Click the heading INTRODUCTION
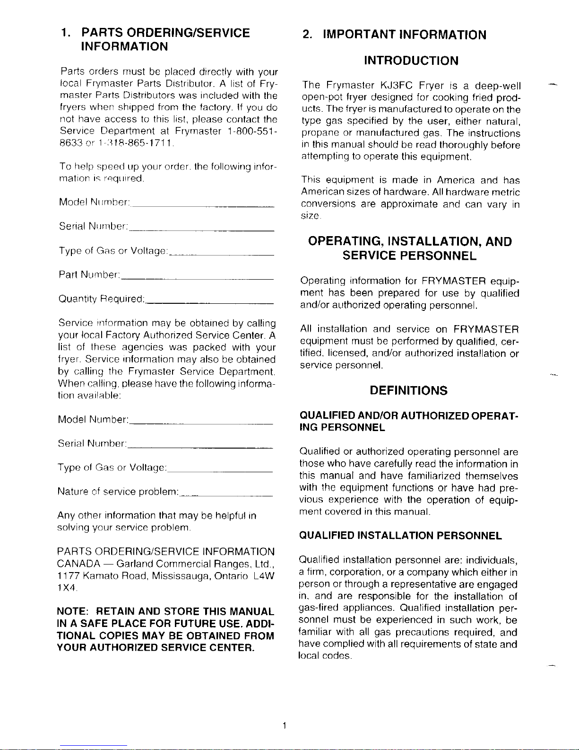[411, 61]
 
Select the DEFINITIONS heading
[408, 391]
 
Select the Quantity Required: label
[101, 300]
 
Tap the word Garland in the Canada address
[134, 564]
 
